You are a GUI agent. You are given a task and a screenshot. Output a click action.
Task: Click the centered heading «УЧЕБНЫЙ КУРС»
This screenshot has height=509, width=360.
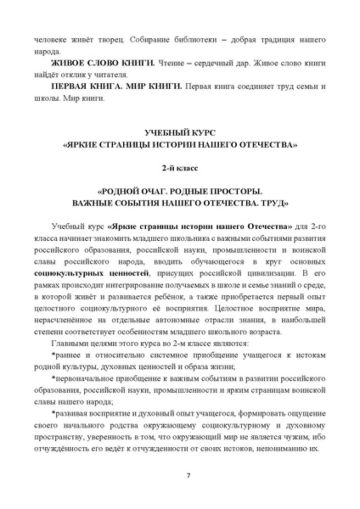coord(180,131)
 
